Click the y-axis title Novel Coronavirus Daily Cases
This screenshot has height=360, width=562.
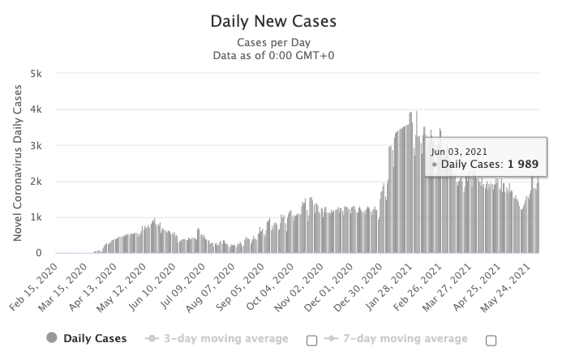point(18,163)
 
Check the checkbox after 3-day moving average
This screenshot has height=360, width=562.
point(312,341)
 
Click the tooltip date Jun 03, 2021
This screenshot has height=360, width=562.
point(458,151)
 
